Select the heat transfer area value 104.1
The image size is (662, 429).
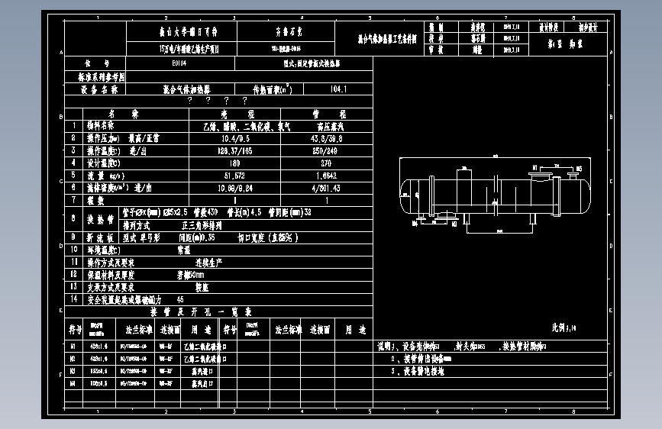pyautogui.click(x=338, y=89)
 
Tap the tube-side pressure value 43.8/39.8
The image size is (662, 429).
pyautogui.click(x=326, y=138)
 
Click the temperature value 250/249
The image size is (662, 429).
pyautogui.click(x=326, y=150)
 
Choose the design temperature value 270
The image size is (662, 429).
pyautogui.click(x=326, y=163)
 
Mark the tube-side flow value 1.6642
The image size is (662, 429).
pyautogui.click(x=326, y=175)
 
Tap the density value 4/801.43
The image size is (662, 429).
pyautogui.click(x=326, y=187)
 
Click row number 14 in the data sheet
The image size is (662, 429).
pyautogui.click(x=73, y=299)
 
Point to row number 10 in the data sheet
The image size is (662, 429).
pyautogui.click(x=73, y=249)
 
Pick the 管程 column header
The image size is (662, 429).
pyautogui.click(x=326, y=114)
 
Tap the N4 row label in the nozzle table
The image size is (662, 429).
pyautogui.click(x=73, y=383)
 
